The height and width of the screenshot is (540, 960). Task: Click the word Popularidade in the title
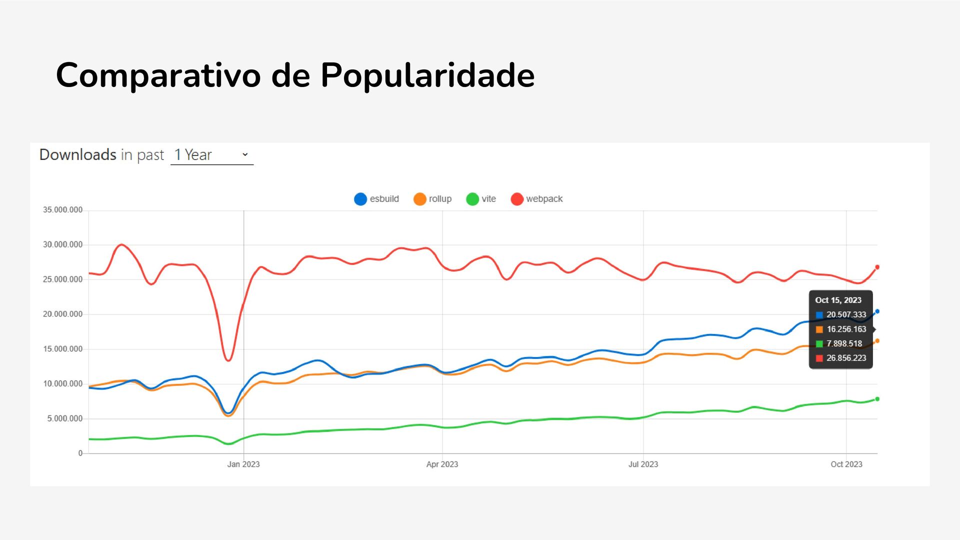point(427,75)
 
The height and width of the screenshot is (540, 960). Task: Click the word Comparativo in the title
point(158,75)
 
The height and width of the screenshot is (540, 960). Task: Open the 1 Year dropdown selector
point(212,155)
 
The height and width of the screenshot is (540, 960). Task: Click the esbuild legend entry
point(376,199)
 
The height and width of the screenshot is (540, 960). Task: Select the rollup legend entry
point(432,199)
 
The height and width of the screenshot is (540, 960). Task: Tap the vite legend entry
point(481,199)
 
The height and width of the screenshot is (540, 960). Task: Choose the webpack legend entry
point(536,199)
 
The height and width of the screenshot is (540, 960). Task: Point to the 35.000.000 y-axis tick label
point(62,210)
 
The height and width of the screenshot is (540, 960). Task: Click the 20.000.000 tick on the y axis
point(62,314)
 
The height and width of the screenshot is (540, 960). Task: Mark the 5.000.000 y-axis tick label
point(65,418)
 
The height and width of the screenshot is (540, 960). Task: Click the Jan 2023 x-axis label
point(243,464)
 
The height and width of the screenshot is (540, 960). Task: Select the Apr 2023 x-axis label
point(442,464)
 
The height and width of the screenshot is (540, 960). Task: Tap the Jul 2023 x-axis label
point(643,464)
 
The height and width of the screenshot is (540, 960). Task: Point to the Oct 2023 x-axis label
point(846,464)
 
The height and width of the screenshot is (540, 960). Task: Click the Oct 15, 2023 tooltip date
point(838,300)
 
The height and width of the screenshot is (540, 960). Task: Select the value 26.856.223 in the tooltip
point(846,358)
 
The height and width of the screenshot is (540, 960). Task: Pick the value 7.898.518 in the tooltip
point(844,343)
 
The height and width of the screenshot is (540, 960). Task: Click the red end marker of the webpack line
point(877,267)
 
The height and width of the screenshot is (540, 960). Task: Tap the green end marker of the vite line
point(877,399)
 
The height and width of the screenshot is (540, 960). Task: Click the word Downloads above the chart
point(78,154)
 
